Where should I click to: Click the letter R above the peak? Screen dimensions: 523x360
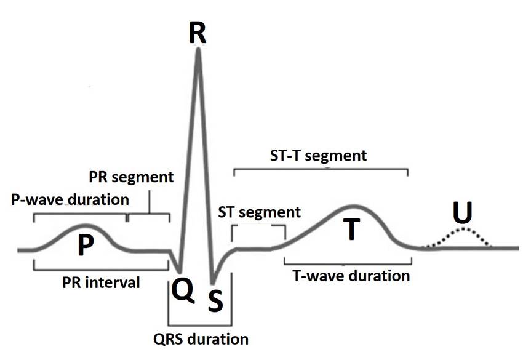click(198, 33)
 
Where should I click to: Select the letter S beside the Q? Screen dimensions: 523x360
click(215, 300)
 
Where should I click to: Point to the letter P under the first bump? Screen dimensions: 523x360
click(86, 244)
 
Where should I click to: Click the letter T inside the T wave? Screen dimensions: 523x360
click(351, 229)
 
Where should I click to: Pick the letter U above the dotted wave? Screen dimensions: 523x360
click(463, 212)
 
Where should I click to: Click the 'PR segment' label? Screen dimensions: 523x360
click(131, 177)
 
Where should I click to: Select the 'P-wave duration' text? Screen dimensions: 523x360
click(70, 199)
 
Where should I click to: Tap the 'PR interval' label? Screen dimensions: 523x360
click(101, 282)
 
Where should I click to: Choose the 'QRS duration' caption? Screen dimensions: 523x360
click(201, 339)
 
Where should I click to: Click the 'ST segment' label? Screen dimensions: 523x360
click(260, 212)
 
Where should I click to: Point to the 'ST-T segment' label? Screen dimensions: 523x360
click(319, 156)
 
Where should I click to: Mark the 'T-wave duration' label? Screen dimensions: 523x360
click(351, 276)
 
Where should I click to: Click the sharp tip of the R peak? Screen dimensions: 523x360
click(199, 49)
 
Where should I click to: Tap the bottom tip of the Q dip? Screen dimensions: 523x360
click(180, 271)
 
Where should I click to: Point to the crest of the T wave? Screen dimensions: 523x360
click(354, 206)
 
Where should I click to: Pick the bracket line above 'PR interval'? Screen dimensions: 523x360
click(101, 270)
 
